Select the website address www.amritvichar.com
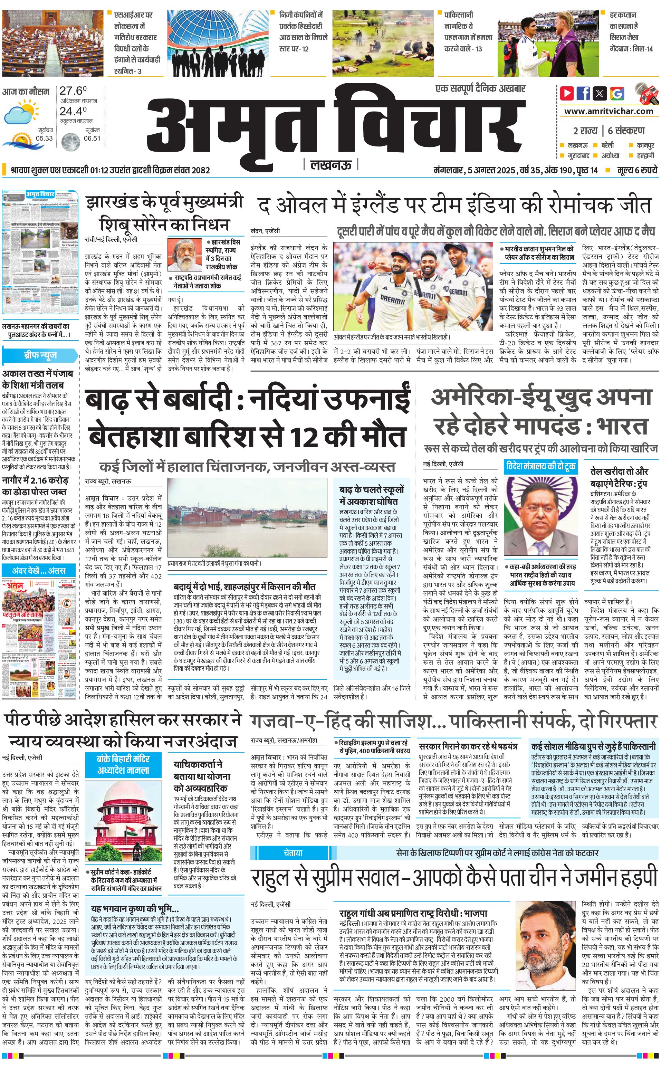pos(609,111)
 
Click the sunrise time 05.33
pos(44,138)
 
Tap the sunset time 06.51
pos(92,138)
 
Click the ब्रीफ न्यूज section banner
pos(40,355)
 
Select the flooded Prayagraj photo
pos(247,517)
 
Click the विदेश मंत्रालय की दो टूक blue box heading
pos(540,467)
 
